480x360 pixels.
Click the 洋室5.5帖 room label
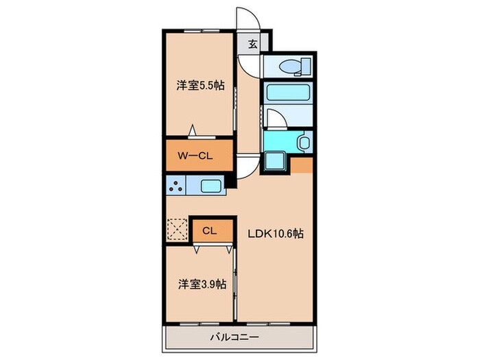pyautogui.click(x=200, y=86)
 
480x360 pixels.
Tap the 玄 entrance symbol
pyautogui.click(x=252, y=45)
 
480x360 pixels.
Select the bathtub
pyautogui.click(x=288, y=93)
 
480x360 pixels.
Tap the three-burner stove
pyautogui.click(x=176, y=186)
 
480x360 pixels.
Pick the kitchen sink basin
pyautogui.click(x=211, y=186)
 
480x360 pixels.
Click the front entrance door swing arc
pyautogui.click(x=245, y=19)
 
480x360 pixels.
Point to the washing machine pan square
pyautogui.click(x=276, y=162)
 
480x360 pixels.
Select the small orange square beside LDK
pyautogui.click(x=302, y=165)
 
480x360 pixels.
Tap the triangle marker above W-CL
pyautogui.click(x=193, y=131)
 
